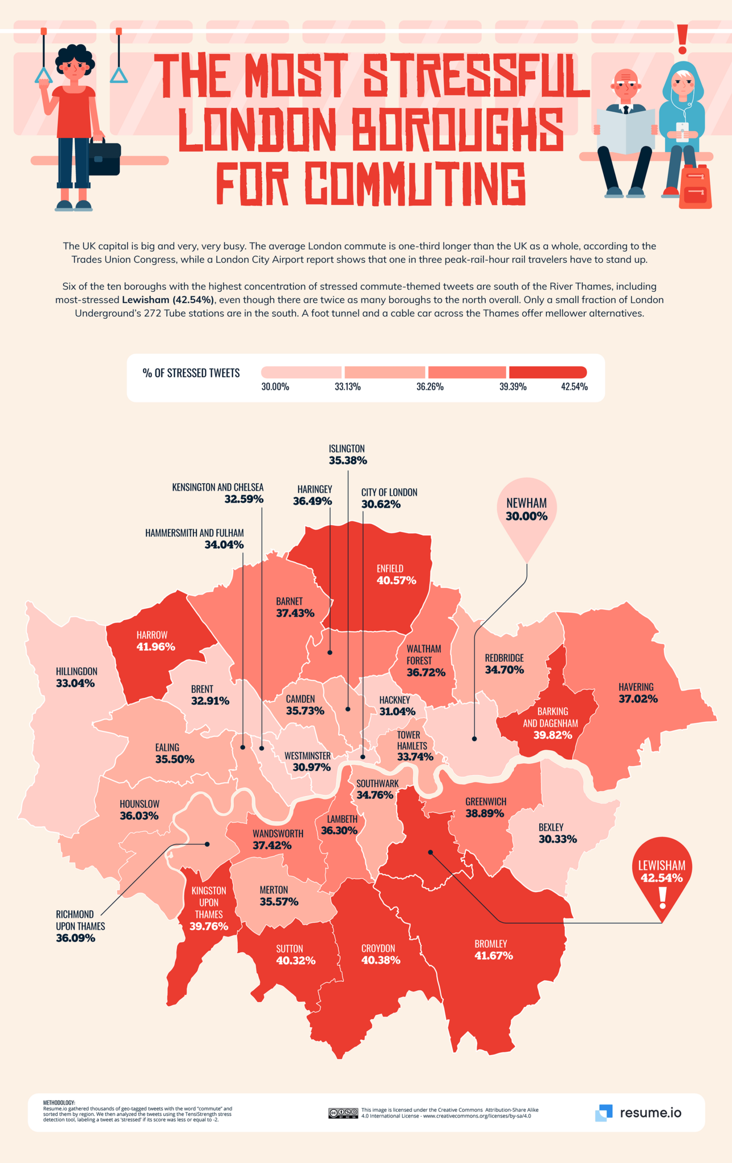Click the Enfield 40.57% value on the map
[396, 580]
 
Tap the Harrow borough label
[152, 635]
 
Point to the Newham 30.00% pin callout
[527, 510]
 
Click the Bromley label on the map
[491, 944]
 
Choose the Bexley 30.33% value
[558, 839]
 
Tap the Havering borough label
[636, 687]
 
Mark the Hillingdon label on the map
[77, 671]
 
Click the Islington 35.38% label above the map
[347, 454]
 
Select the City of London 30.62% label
[389, 498]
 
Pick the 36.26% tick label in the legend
[430, 387]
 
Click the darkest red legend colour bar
[548, 373]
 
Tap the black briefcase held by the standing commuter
[104, 158]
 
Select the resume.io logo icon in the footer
[604, 1112]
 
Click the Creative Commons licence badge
[343, 1112]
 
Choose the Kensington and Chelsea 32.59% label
[218, 493]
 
